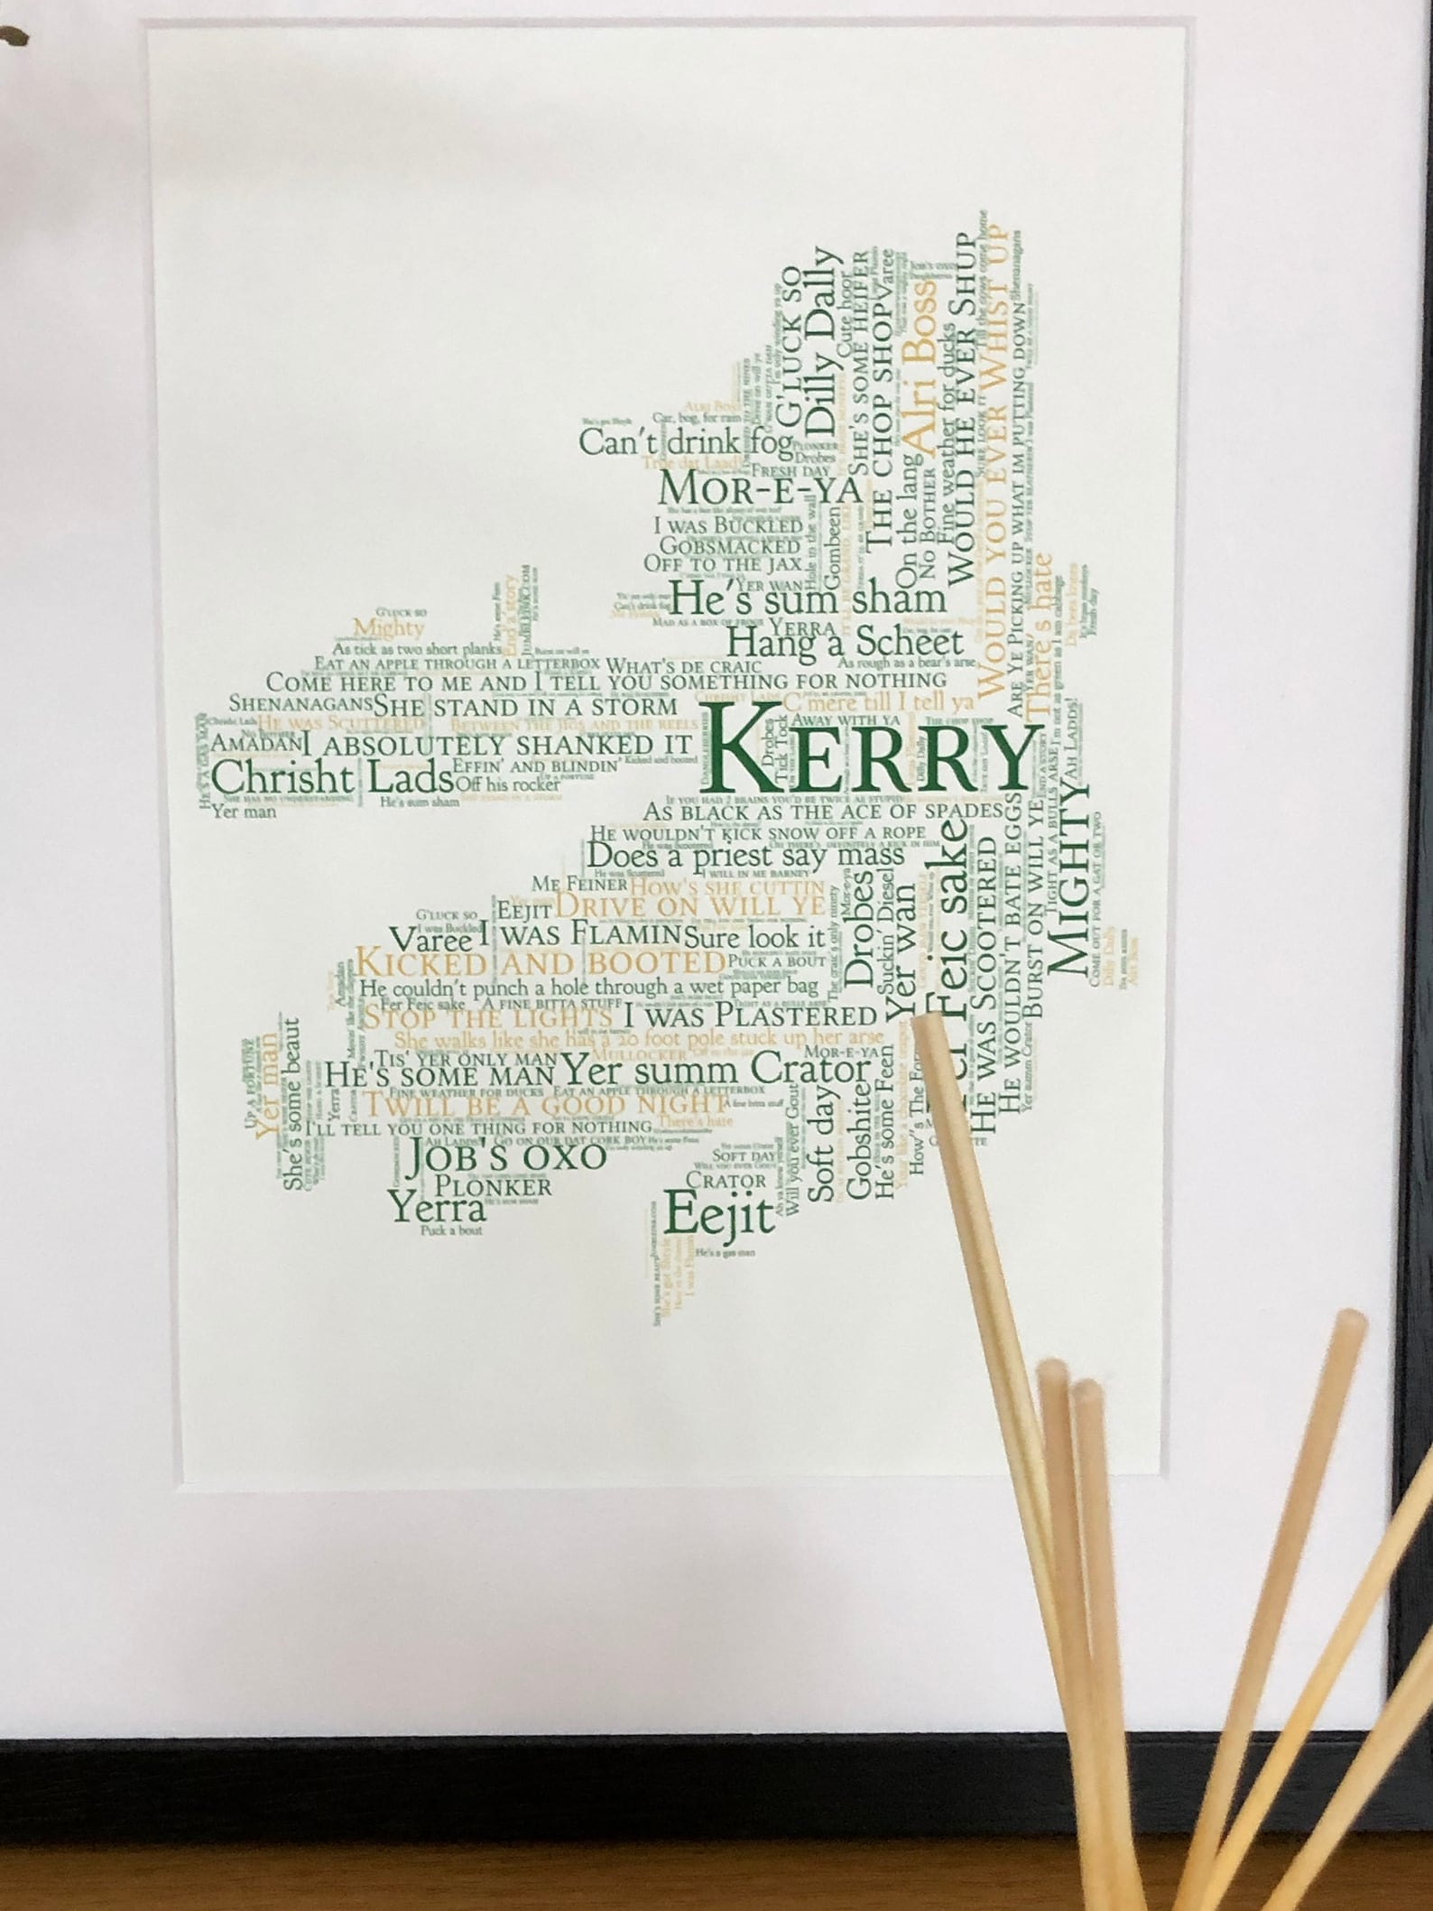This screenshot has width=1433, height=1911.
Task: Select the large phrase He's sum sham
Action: point(807,597)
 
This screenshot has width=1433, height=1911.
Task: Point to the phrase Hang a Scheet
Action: point(845,643)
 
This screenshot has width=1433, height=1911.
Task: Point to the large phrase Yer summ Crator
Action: point(717,1071)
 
